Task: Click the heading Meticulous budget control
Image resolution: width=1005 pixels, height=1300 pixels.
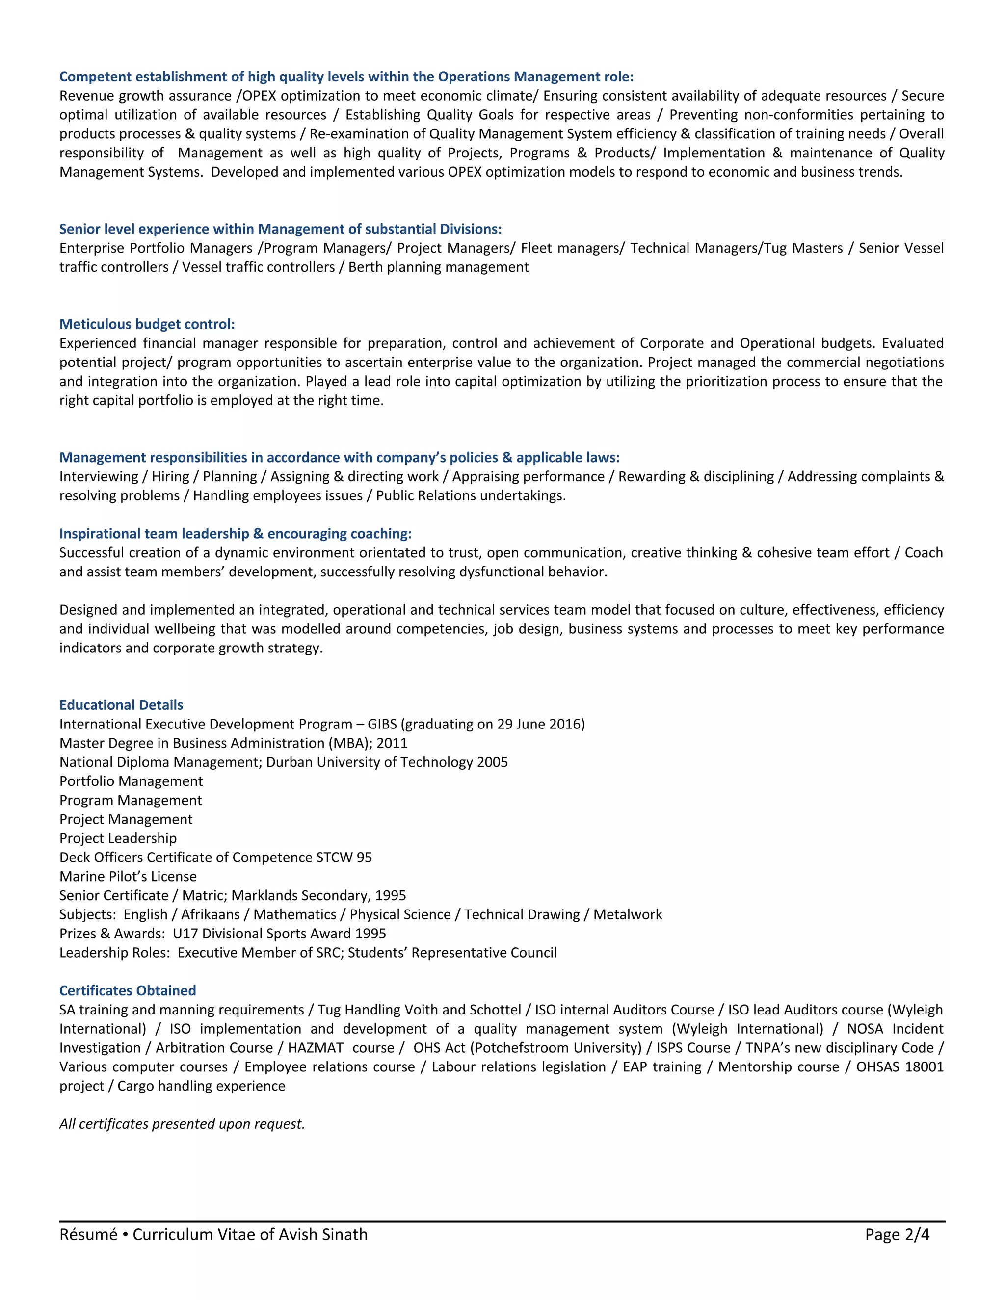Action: [x=147, y=324]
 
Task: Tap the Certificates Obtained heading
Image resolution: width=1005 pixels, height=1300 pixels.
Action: [x=128, y=991]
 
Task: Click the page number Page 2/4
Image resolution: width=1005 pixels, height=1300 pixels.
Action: [x=897, y=1235]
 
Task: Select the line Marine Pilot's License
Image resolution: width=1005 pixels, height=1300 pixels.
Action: [x=128, y=877]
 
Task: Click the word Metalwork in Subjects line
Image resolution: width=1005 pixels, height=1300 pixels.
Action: [x=628, y=915]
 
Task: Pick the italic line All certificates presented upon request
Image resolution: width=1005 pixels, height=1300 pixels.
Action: [x=182, y=1124]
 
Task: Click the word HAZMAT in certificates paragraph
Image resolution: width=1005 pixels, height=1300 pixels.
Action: [x=316, y=1048]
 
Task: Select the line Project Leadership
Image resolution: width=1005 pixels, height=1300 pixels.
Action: [x=118, y=839]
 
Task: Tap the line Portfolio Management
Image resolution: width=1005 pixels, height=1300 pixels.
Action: [x=131, y=781]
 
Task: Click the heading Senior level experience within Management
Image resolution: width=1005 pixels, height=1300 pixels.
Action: [x=280, y=229]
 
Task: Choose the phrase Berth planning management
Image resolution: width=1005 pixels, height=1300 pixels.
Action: [x=438, y=267]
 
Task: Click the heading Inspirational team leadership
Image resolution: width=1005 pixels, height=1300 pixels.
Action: [x=235, y=534]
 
